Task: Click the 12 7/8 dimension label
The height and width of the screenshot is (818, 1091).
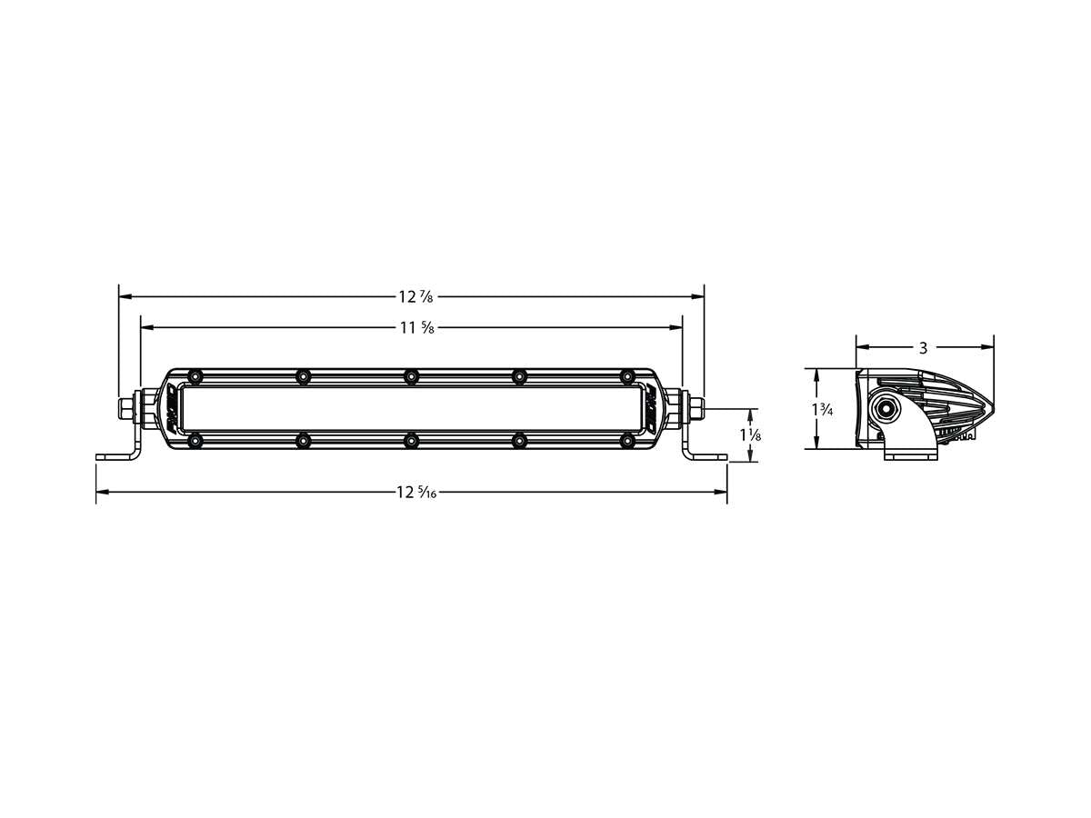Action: [x=415, y=296]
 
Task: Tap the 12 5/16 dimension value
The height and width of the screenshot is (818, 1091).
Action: [x=415, y=493]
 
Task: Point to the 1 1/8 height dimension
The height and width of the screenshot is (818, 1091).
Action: [x=750, y=435]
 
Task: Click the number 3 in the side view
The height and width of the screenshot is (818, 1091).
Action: [x=923, y=347]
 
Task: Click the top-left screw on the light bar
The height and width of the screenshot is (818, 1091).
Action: [x=195, y=376]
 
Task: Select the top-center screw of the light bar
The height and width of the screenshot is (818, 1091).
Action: [x=411, y=376]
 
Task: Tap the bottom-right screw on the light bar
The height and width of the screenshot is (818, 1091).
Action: [x=626, y=441]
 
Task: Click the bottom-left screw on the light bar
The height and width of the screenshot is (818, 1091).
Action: [x=195, y=441]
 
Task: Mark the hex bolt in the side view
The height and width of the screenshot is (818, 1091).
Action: [x=885, y=409]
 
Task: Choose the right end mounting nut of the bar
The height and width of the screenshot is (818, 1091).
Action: [x=695, y=408]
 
